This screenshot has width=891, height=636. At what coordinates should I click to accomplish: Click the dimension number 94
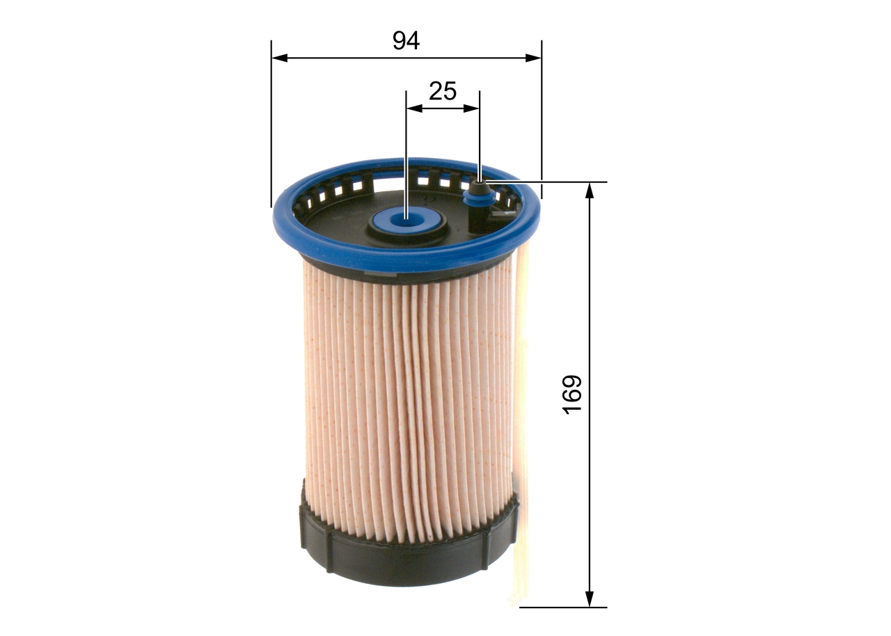pos(407,41)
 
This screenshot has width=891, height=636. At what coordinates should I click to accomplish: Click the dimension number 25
pos(443,91)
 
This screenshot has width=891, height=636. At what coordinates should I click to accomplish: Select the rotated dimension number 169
pos(571,395)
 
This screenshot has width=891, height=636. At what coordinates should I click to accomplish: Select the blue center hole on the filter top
pos(406,221)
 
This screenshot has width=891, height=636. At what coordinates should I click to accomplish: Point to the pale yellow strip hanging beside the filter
pos(522,418)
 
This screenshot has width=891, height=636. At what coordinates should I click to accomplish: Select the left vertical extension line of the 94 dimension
pos(271,125)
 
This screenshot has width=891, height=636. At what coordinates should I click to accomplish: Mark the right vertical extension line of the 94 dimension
pos(542,118)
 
